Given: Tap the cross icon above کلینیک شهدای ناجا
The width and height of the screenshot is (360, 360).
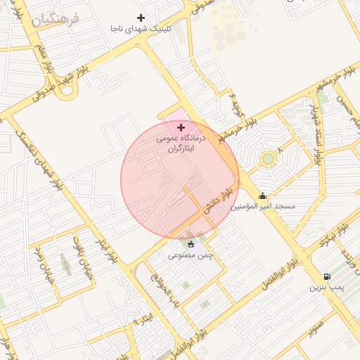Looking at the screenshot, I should point(141,18).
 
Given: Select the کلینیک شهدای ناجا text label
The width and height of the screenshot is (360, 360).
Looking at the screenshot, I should point(141,29).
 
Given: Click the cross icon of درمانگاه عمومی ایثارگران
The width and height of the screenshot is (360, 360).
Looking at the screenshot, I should point(181,127).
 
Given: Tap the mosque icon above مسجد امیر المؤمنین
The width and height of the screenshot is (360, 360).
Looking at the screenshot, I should point(263,195).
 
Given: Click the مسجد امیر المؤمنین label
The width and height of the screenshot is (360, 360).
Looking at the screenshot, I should point(264,207).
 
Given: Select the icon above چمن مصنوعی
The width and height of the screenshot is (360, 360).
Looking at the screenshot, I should point(191,244).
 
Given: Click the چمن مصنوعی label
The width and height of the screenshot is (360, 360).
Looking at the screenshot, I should point(191,255).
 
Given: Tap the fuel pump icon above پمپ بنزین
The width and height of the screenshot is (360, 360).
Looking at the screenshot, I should point(327,276).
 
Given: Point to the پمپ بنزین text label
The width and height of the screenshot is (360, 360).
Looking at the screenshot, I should point(327,288).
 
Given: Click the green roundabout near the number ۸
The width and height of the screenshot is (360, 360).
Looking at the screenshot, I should point(268,159).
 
